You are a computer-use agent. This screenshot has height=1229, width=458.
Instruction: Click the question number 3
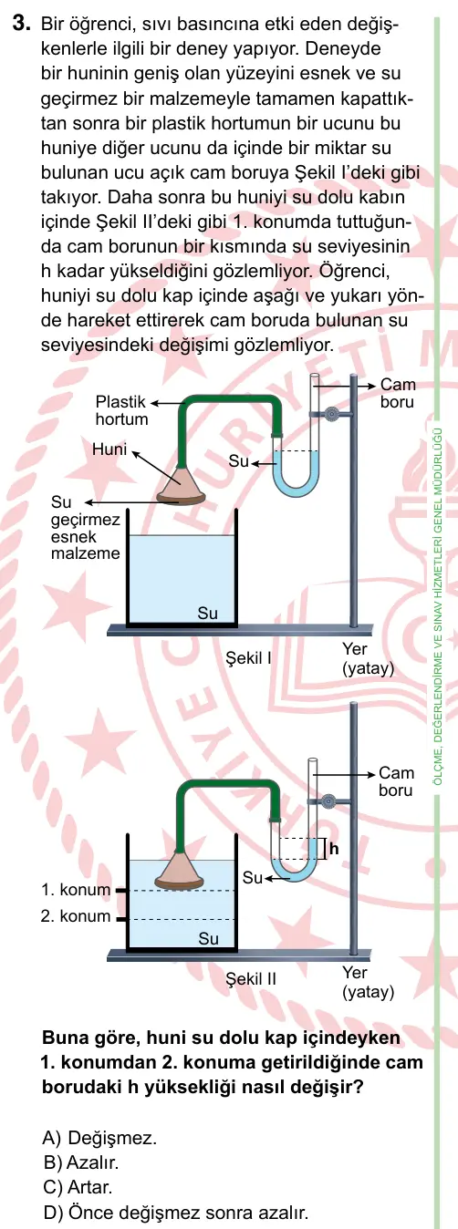(x=20, y=24)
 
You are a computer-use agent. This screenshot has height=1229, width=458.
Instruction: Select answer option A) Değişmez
(x=99, y=1138)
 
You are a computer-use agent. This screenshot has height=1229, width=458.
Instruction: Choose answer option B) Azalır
(x=80, y=1162)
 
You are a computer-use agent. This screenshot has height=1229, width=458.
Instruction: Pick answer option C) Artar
(x=78, y=1187)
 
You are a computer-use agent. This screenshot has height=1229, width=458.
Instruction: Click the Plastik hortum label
(x=121, y=410)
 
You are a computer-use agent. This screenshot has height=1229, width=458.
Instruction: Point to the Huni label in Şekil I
(x=109, y=449)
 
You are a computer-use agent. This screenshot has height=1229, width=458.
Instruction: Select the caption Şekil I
(x=249, y=657)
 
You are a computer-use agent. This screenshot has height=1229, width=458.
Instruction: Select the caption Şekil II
(x=251, y=978)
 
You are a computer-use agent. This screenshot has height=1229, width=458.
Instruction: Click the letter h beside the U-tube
(x=334, y=849)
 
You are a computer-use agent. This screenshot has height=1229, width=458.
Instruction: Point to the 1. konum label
(x=76, y=889)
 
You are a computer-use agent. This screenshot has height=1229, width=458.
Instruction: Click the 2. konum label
(x=76, y=915)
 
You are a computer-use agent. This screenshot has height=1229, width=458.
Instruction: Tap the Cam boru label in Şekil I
(x=398, y=393)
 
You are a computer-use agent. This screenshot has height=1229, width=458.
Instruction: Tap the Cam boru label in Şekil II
(x=396, y=781)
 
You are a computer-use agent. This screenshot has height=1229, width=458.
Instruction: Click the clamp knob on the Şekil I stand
(x=331, y=414)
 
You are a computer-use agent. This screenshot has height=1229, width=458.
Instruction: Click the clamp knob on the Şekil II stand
(x=329, y=801)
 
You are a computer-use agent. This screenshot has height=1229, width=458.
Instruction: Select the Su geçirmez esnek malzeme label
(x=85, y=528)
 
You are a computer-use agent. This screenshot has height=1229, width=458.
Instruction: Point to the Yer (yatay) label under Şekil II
(x=368, y=982)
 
